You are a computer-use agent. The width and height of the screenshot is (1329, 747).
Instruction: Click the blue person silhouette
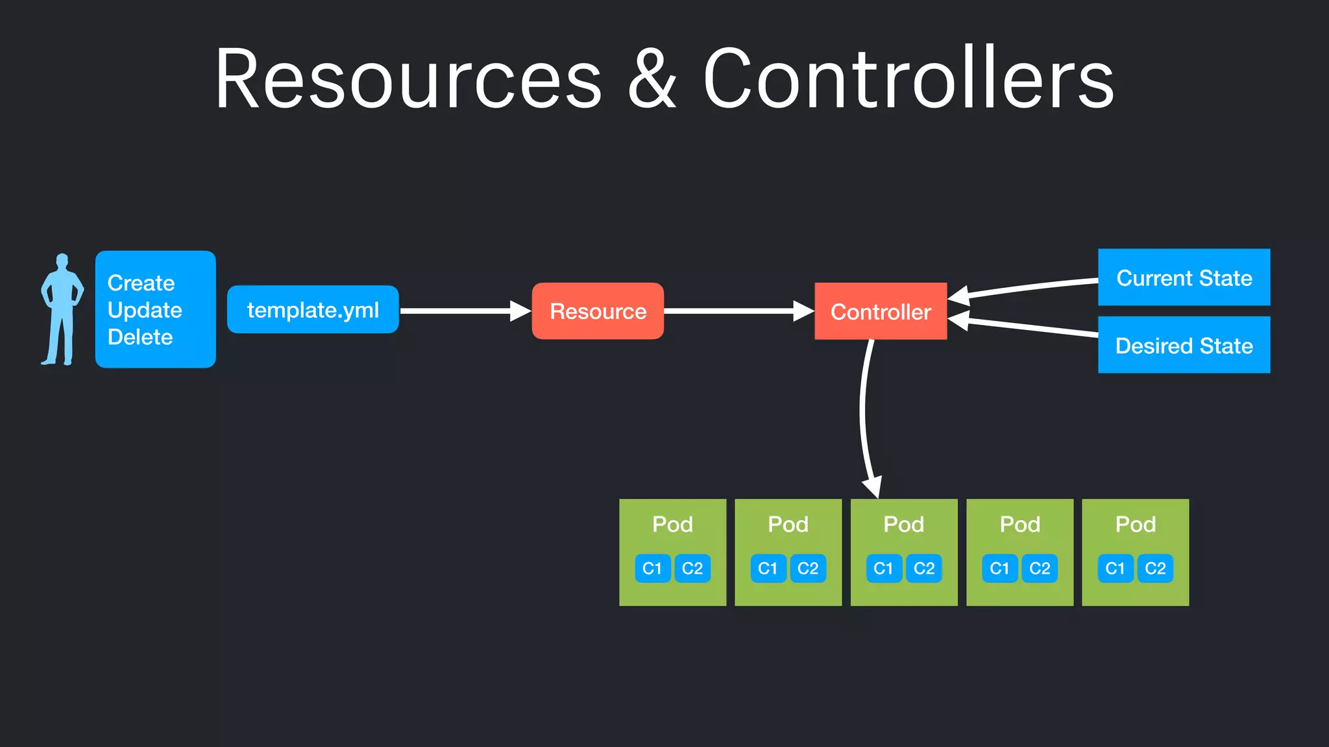(x=62, y=310)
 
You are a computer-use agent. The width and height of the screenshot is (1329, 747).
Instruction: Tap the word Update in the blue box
(x=145, y=310)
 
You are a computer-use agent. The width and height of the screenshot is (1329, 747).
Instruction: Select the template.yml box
(x=313, y=310)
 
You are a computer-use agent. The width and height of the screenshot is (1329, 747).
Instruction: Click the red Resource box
(x=598, y=311)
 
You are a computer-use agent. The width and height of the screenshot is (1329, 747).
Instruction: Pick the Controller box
(x=881, y=311)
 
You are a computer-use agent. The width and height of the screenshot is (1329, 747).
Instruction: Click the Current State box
(x=1184, y=278)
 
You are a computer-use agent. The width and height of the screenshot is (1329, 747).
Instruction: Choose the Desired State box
(x=1184, y=345)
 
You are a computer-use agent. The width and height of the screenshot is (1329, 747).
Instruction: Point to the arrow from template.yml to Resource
(x=461, y=311)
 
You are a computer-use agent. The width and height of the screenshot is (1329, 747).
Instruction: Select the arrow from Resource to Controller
(x=733, y=311)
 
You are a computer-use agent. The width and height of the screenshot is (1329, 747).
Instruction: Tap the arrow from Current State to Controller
(x=1032, y=287)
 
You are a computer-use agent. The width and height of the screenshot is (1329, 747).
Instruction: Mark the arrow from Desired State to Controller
(x=1032, y=327)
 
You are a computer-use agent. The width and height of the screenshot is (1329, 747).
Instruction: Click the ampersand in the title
(x=652, y=79)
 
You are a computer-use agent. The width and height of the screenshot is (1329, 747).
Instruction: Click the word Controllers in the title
(x=908, y=79)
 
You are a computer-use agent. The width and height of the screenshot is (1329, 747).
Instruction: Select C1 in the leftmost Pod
(x=652, y=569)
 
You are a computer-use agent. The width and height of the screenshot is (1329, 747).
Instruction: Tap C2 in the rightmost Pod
(x=1155, y=569)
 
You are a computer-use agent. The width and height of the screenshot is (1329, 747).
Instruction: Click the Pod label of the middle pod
(x=903, y=524)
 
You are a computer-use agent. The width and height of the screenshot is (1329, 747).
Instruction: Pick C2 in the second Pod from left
(x=808, y=569)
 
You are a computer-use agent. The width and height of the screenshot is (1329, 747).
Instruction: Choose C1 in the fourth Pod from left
(x=999, y=569)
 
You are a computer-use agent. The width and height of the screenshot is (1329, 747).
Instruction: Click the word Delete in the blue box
(x=140, y=337)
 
